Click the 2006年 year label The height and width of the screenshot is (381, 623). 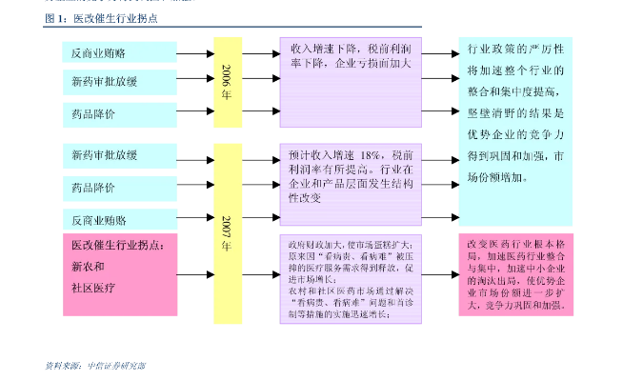point(227,82)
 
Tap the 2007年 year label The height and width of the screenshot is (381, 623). point(227,233)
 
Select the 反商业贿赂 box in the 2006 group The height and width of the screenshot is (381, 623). point(120,52)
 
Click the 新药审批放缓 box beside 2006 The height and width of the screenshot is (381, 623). point(120,83)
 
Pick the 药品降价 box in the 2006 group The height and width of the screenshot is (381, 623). point(120,113)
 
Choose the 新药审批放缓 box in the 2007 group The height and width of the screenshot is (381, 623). point(120,154)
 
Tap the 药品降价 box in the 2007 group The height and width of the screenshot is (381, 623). point(120,188)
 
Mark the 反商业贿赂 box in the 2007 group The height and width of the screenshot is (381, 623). point(120,219)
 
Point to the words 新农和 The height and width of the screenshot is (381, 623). point(89,267)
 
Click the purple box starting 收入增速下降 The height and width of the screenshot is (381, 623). point(350,81)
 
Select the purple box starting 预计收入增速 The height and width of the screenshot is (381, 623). point(350,183)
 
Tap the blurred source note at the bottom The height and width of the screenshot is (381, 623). point(95,365)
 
